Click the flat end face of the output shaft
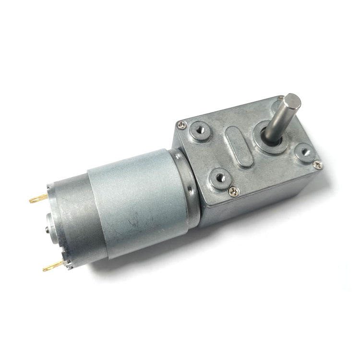[x=291, y=102]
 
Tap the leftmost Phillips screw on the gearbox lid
[x=181, y=125]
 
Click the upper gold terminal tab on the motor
[x=37, y=198]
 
